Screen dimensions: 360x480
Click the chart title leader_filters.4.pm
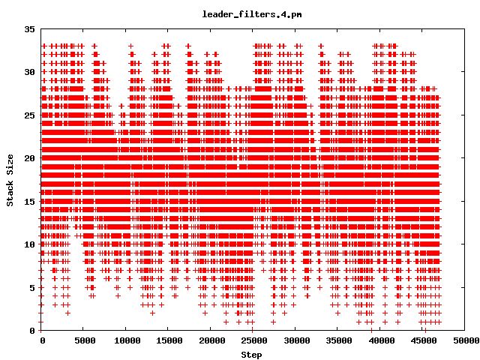click(x=241, y=14)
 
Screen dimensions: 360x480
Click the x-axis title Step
click(x=252, y=354)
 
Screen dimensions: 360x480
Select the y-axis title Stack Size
click(x=10, y=179)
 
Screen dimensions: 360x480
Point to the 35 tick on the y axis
click(x=30, y=28)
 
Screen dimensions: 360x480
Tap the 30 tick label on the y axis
click(x=30, y=72)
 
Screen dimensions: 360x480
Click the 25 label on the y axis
click(x=30, y=115)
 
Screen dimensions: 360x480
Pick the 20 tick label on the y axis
click(x=30, y=158)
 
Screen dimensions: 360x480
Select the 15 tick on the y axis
click(x=30, y=201)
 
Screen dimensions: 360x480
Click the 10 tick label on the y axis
click(x=30, y=244)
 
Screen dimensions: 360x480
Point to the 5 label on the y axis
click(x=32, y=287)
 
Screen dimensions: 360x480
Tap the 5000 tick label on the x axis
click(x=84, y=340)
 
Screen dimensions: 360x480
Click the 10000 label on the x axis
click(x=126, y=340)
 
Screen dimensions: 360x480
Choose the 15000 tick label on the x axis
click(x=168, y=340)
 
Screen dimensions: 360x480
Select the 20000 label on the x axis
click(x=211, y=340)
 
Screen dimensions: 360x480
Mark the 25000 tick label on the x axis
click(x=253, y=340)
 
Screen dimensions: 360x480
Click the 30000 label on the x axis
click(x=295, y=340)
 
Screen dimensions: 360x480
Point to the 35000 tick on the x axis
click(x=337, y=340)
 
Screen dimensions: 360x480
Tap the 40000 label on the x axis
click(x=379, y=340)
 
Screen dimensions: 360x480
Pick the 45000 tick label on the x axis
click(x=421, y=340)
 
